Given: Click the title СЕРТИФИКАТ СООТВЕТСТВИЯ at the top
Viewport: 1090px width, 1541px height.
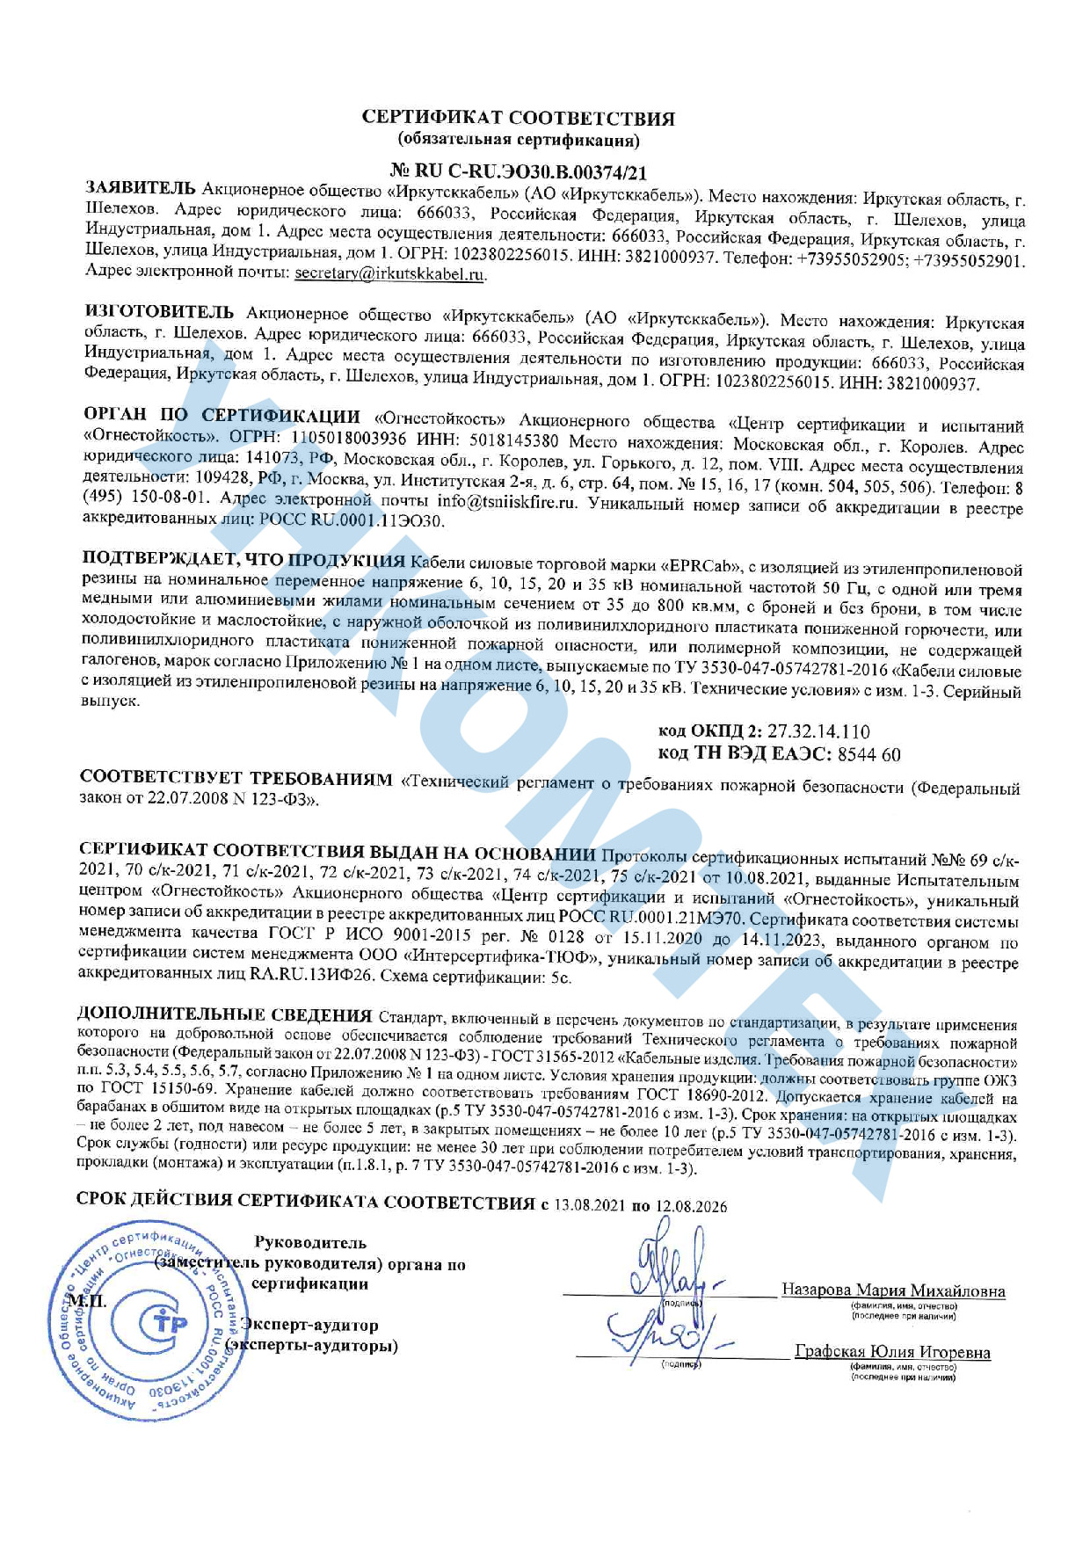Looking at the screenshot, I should click(x=519, y=119).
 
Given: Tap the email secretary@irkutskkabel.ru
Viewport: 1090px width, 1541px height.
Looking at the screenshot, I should click(x=389, y=273).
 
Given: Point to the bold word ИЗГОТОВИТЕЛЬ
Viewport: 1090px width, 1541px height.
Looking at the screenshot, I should click(x=159, y=313).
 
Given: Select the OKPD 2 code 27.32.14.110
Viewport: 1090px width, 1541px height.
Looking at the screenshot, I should click(x=818, y=731).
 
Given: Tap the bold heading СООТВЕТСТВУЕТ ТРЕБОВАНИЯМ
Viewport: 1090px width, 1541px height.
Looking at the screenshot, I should click(x=236, y=779).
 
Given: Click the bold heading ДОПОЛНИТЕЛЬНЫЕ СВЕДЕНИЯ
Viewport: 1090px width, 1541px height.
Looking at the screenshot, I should click(x=225, y=1015).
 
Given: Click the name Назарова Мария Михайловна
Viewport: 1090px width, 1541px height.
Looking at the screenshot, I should click(x=893, y=1290).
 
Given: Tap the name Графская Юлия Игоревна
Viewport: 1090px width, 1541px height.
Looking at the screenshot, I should click(x=892, y=1352).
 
